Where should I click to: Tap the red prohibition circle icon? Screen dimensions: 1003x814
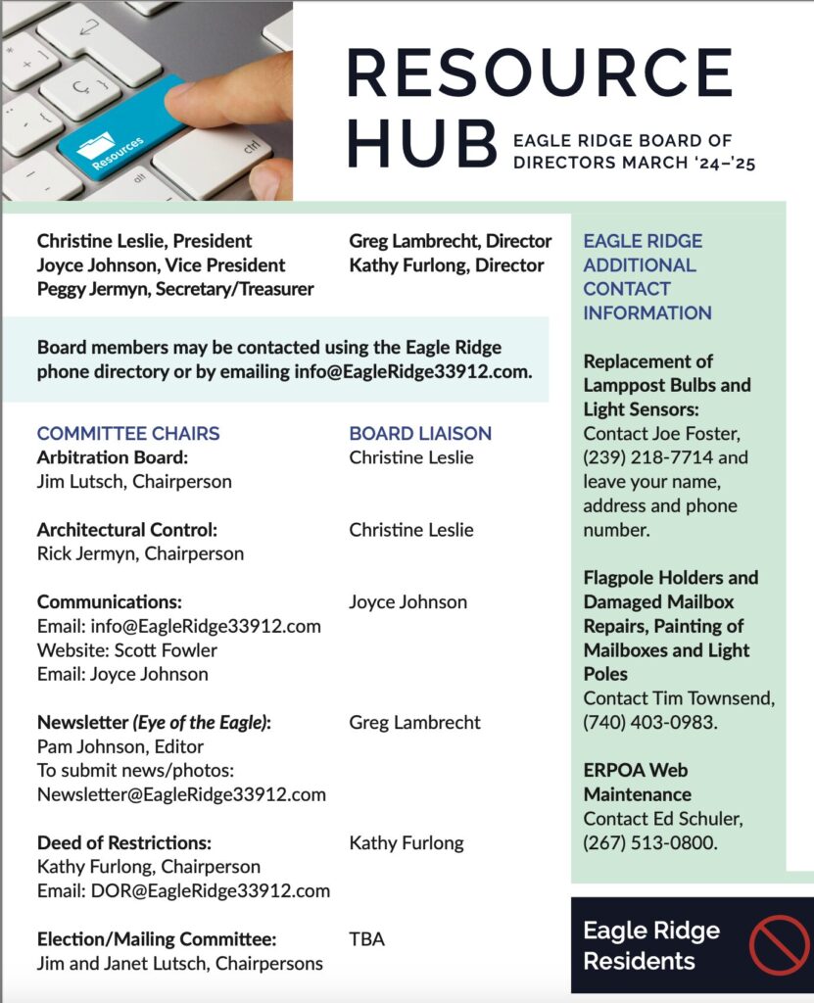(780, 945)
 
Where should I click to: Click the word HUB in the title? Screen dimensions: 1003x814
(421, 144)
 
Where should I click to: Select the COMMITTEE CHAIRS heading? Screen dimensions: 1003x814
(128, 433)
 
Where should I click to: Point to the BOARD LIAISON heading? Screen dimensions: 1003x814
(420, 433)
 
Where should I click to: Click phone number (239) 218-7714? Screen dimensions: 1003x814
(639, 457)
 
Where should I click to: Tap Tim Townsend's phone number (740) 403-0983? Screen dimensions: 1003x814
(646, 723)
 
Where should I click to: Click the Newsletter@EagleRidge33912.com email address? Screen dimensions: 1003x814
(181, 794)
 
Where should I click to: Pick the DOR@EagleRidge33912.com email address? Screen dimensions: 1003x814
(183, 890)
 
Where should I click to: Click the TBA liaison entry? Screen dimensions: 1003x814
(366, 939)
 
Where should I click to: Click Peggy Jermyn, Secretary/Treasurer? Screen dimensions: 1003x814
(175, 289)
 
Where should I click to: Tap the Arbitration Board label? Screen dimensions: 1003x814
(112, 457)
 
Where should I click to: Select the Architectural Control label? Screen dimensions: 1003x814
(127, 530)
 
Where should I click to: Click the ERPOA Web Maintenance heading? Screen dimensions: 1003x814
(637, 782)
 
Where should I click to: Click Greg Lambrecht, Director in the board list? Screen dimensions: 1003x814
(450, 241)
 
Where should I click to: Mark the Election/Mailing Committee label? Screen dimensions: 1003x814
(157, 939)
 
